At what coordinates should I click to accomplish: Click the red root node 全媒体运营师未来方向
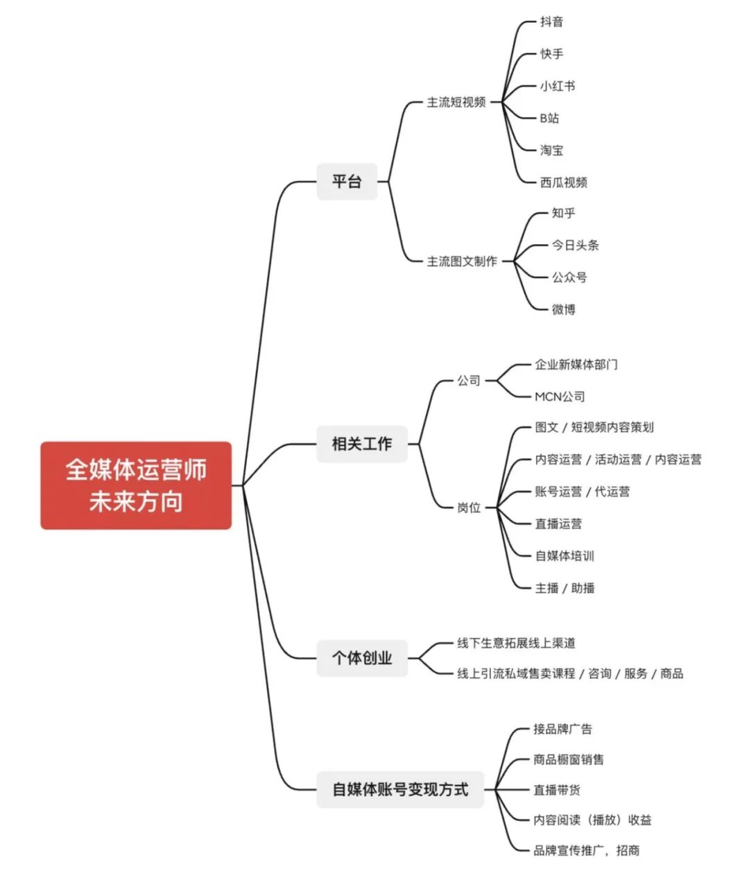(136, 485)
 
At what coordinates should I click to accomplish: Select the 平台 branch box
(347, 182)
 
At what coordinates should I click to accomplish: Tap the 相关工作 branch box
(361, 444)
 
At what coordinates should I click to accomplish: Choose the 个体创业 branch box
(361, 657)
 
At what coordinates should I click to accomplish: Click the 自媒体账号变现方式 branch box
(400, 789)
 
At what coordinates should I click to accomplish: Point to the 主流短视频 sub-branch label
(456, 103)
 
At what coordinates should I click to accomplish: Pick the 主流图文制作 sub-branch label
(462, 261)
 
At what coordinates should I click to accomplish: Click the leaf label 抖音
(552, 21)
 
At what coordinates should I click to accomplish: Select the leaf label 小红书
(558, 86)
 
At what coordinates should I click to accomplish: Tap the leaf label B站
(549, 118)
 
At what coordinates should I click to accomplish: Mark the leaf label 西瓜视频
(564, 182)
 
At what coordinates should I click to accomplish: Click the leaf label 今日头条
(576, 245)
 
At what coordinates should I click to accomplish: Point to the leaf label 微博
(564, 309)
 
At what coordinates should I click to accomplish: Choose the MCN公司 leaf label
(560, 397)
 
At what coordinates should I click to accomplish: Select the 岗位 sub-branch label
(469, 508)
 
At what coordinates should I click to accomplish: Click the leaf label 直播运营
(558, 524)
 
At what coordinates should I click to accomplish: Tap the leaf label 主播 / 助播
(565, 588)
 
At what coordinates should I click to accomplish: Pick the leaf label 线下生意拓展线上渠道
(516, 643)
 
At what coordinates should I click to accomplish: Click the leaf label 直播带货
(557, 790)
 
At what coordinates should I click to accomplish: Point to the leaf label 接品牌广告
(562, 729)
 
